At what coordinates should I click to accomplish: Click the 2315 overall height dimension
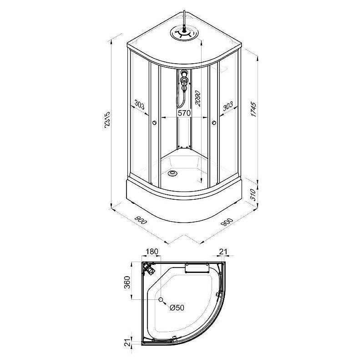pos(107,120)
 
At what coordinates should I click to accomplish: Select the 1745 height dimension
pos(254,109)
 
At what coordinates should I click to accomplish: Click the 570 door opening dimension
pos(184,113)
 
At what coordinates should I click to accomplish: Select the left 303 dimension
pos(139,105)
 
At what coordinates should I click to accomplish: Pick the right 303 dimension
pos(228,106)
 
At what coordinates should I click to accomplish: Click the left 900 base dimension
pos(141,220)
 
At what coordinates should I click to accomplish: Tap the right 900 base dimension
pos(227,222)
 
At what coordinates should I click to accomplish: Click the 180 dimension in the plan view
pos(152,252)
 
